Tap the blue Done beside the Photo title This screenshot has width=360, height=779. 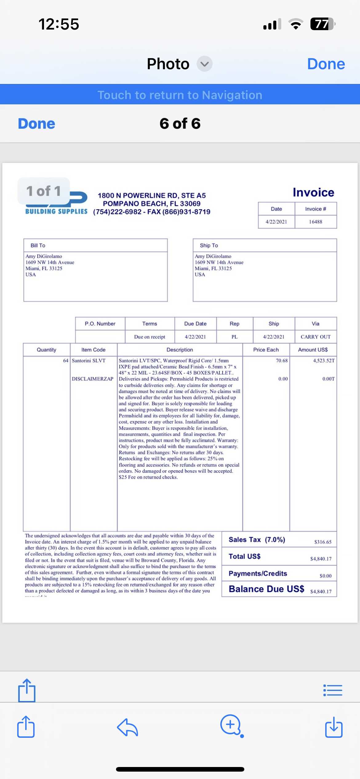[x=326, y=64]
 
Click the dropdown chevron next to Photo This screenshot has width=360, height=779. [x=205, y=64]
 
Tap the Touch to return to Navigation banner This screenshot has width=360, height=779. [x=180, y=95]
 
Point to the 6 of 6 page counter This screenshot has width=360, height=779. [x=180, y=124]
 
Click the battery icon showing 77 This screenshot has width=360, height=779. [x=322, y=24]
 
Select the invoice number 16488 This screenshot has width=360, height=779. [x=315, y=222]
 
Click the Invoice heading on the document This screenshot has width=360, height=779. [x=313, y=193]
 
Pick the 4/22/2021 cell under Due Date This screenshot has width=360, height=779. [x=195, y=337]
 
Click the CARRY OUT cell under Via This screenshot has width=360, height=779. [x=315, y=337]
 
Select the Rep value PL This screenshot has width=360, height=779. [x=234, y=337]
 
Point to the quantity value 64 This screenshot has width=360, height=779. [x=66, y=361]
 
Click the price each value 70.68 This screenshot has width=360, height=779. [x=282, y=361]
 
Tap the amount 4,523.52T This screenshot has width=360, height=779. [x=324, y=361]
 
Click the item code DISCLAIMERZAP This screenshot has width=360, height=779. [x=93, y=379]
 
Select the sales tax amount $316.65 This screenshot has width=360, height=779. [x=323, y=542]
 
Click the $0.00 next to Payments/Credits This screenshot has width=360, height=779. [x=326, y=576]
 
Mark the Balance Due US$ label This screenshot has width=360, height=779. [x=266, y=589]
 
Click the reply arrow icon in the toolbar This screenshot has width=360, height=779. [x=127, y=727]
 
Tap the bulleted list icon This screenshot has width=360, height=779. [x=333, y=690]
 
